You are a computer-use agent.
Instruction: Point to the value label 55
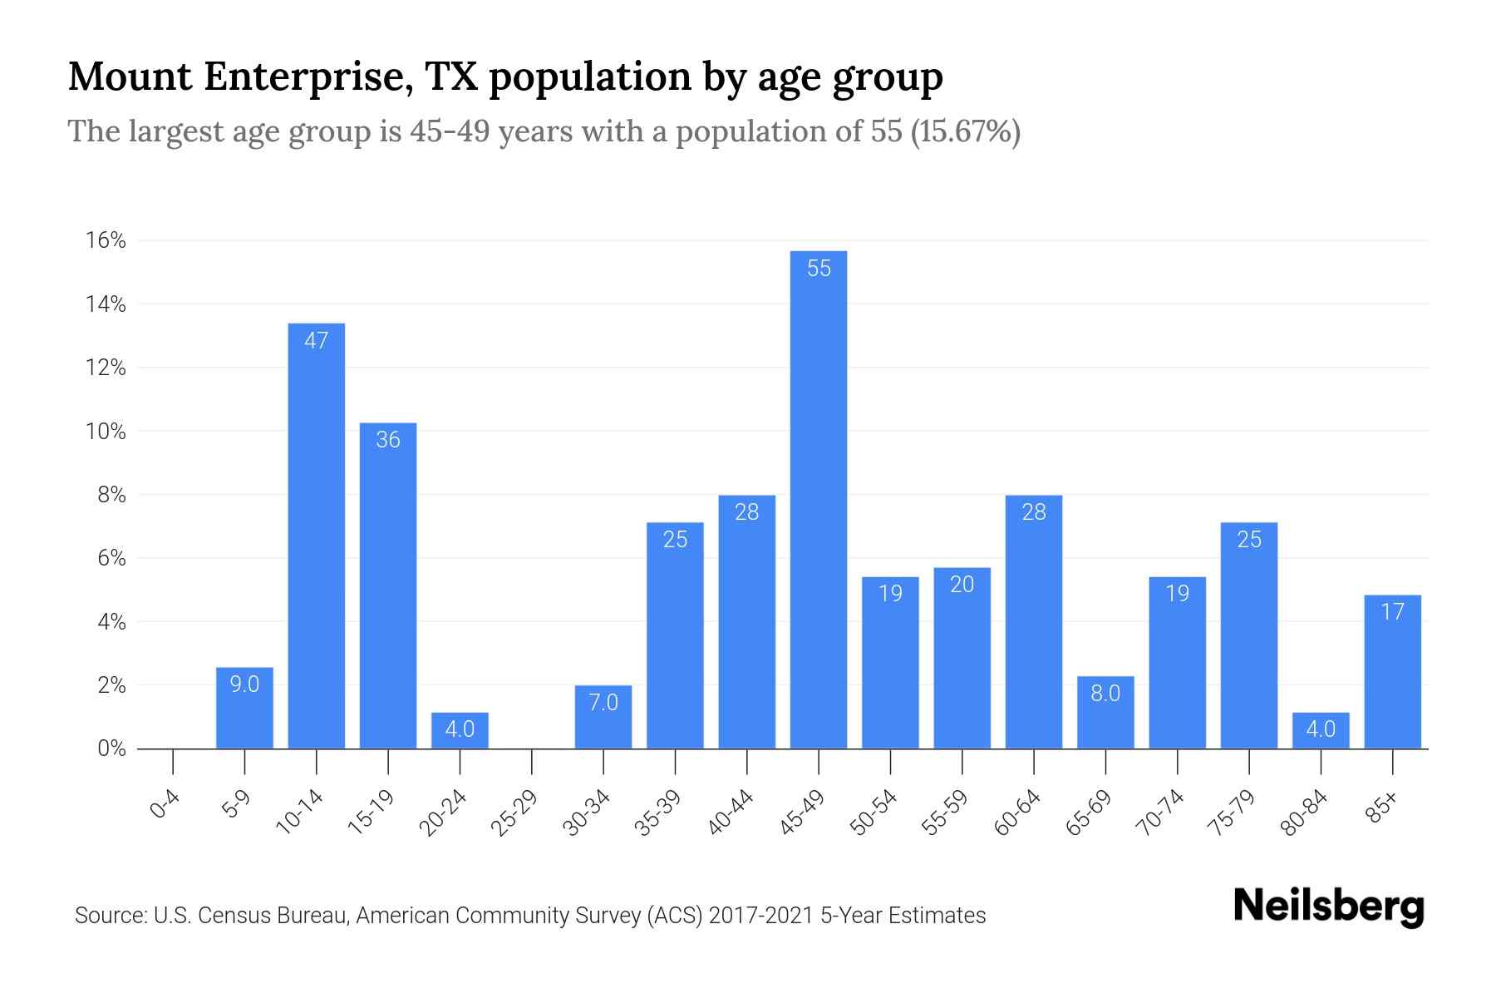[819, 268]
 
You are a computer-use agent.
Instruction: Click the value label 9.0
[244, 684]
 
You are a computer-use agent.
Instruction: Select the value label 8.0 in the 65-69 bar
[1105, 693]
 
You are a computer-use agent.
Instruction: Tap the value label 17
[1392, 612]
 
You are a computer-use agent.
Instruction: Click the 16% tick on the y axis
[106, 241]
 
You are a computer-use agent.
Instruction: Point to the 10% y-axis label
[106, 432]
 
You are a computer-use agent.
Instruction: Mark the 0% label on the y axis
[111, 748]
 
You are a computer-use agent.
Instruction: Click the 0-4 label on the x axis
[165, 804]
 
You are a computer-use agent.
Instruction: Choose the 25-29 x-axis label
[514, 813]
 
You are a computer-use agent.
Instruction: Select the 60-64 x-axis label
[1016, 813]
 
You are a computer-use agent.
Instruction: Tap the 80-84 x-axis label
[1304, 813]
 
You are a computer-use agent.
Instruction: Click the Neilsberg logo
[1328, 907]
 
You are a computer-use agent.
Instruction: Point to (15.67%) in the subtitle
[966, 131]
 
